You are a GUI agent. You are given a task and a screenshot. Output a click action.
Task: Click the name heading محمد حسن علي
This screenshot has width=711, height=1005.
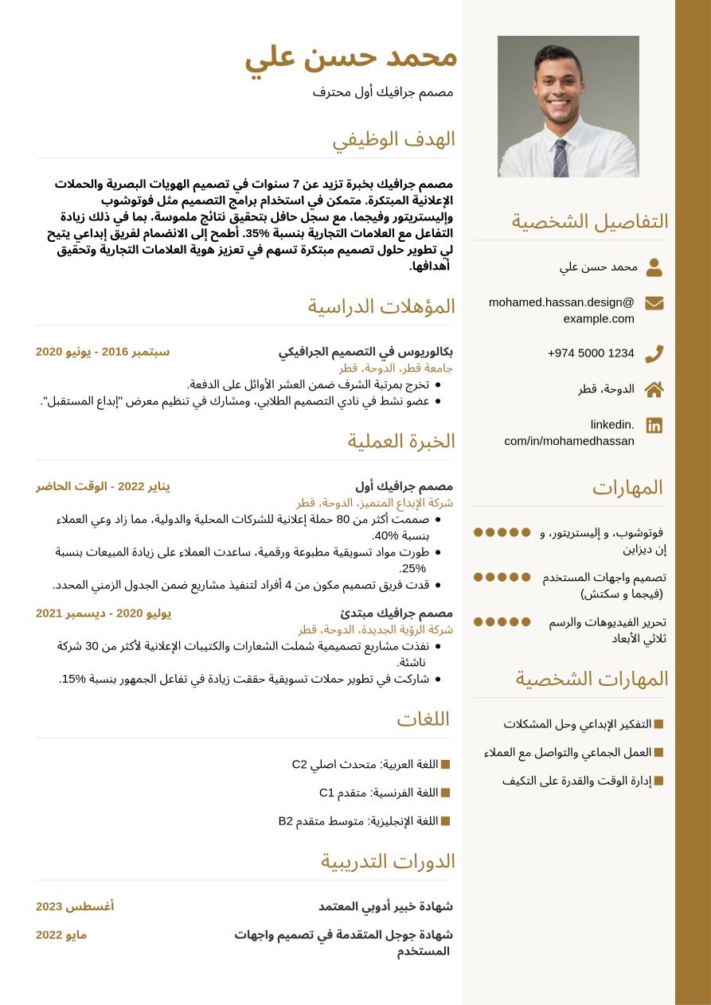point(350,56)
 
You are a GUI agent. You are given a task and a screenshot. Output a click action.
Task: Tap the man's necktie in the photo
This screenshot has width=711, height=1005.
point(561,157)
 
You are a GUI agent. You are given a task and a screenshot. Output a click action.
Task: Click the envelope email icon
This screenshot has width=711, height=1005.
point(654,303)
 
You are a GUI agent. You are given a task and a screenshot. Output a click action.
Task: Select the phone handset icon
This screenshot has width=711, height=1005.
point(654,353)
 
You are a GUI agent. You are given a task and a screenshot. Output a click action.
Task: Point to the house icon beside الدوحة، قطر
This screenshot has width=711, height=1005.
point(654,389)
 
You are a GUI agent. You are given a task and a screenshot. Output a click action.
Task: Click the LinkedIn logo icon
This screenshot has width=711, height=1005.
point(654,425)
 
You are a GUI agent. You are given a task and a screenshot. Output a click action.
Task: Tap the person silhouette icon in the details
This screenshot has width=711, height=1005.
point(654,267)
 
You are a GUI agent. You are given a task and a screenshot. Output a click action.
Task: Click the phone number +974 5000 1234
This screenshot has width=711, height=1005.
point(591,353)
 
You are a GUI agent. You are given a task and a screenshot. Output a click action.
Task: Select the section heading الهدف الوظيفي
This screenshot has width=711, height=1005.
point(393,139)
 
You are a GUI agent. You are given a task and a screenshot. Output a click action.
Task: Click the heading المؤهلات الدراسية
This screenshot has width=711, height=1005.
point(381,306)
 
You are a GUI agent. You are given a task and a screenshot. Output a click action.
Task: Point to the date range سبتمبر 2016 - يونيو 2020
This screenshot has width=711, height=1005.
point(103,352)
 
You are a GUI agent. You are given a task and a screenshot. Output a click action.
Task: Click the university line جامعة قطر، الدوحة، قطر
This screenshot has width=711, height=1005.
point(396,368)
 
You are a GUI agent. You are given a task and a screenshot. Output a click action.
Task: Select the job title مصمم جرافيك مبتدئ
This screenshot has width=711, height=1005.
point(397,613)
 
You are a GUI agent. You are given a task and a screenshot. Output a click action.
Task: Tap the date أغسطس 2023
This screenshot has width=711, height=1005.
point(75,906)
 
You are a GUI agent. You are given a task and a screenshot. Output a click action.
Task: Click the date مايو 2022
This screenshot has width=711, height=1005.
point(61,935)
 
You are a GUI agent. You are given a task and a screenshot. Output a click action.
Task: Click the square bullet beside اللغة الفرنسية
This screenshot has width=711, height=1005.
point(445,793)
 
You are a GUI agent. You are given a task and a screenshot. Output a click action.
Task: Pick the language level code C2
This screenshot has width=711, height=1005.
point(299,765)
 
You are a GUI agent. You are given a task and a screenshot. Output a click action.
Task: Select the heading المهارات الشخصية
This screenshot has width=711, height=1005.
point(592,679)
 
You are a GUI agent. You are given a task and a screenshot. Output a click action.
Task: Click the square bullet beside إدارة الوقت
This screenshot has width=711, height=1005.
point(658,781)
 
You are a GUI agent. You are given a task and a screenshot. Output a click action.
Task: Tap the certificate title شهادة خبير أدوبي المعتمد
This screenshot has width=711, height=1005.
point(385,906)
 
